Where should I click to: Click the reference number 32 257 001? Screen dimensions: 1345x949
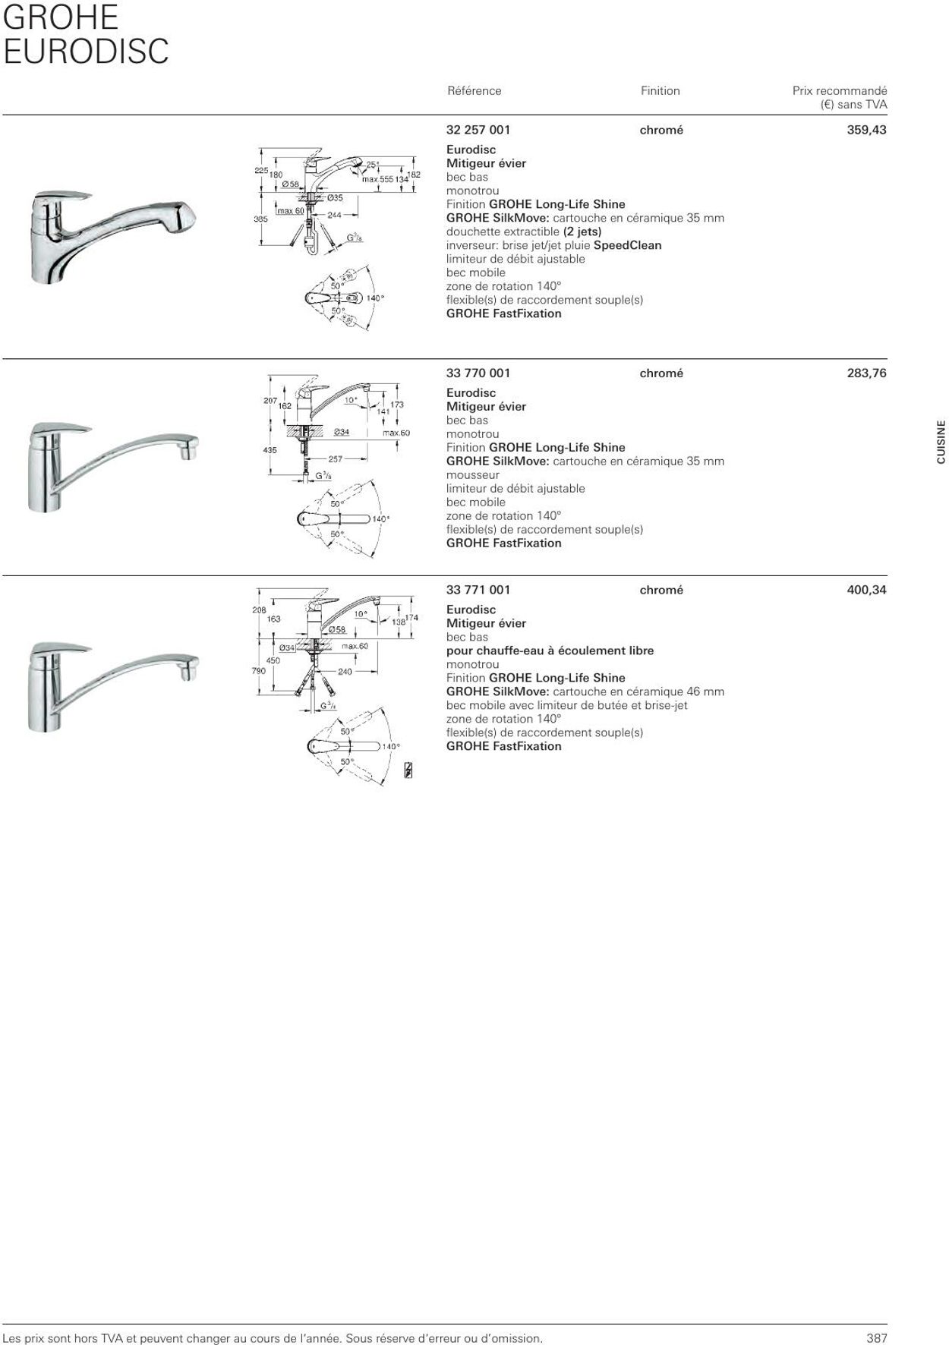point(478,130)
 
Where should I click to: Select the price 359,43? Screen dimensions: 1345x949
point(866,130)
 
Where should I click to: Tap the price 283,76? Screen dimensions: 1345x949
point(866,373)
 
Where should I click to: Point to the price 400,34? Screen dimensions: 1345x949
point(866,590)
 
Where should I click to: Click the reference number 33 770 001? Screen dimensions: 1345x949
point(478,373)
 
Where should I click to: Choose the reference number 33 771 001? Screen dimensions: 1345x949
point(478,590)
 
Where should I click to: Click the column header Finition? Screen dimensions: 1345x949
point(660,91)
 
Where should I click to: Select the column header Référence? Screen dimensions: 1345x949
point(474,91)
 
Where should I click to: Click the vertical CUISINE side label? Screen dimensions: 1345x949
point(941,443)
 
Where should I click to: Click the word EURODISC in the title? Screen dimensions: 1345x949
point(86,52)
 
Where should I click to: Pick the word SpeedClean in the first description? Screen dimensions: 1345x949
point(627,245)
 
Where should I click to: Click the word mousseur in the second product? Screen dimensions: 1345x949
point(473,475)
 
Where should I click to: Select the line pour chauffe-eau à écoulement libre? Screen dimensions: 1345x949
point(550,650)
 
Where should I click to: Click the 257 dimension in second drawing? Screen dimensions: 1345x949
point(336,459)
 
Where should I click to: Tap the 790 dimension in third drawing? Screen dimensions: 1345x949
point(259,671)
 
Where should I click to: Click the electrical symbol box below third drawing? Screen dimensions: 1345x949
point(408,770)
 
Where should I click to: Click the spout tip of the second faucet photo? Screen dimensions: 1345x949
point(188,452)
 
